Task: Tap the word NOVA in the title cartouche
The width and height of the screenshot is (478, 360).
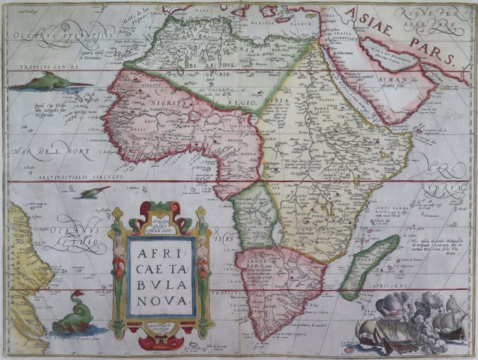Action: click(x=160, y=299)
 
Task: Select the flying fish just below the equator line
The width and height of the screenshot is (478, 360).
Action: click(x=95, y=191)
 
